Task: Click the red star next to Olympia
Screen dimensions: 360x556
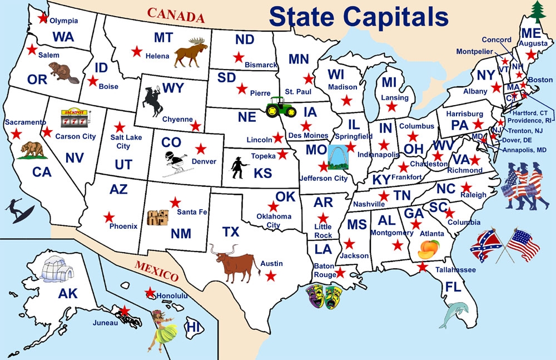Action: click(43, 18)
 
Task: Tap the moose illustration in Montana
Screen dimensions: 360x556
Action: click(191, 52)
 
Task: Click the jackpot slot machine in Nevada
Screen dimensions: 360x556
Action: click(74, 117)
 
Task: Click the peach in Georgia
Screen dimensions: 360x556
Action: click(429, 249)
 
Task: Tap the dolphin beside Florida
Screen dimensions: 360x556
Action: click(454, 314)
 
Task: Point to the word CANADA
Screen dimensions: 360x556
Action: click(176, 15)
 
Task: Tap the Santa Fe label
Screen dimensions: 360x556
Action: click(192, 212)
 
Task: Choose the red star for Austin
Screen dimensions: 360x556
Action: click(271, 275)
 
